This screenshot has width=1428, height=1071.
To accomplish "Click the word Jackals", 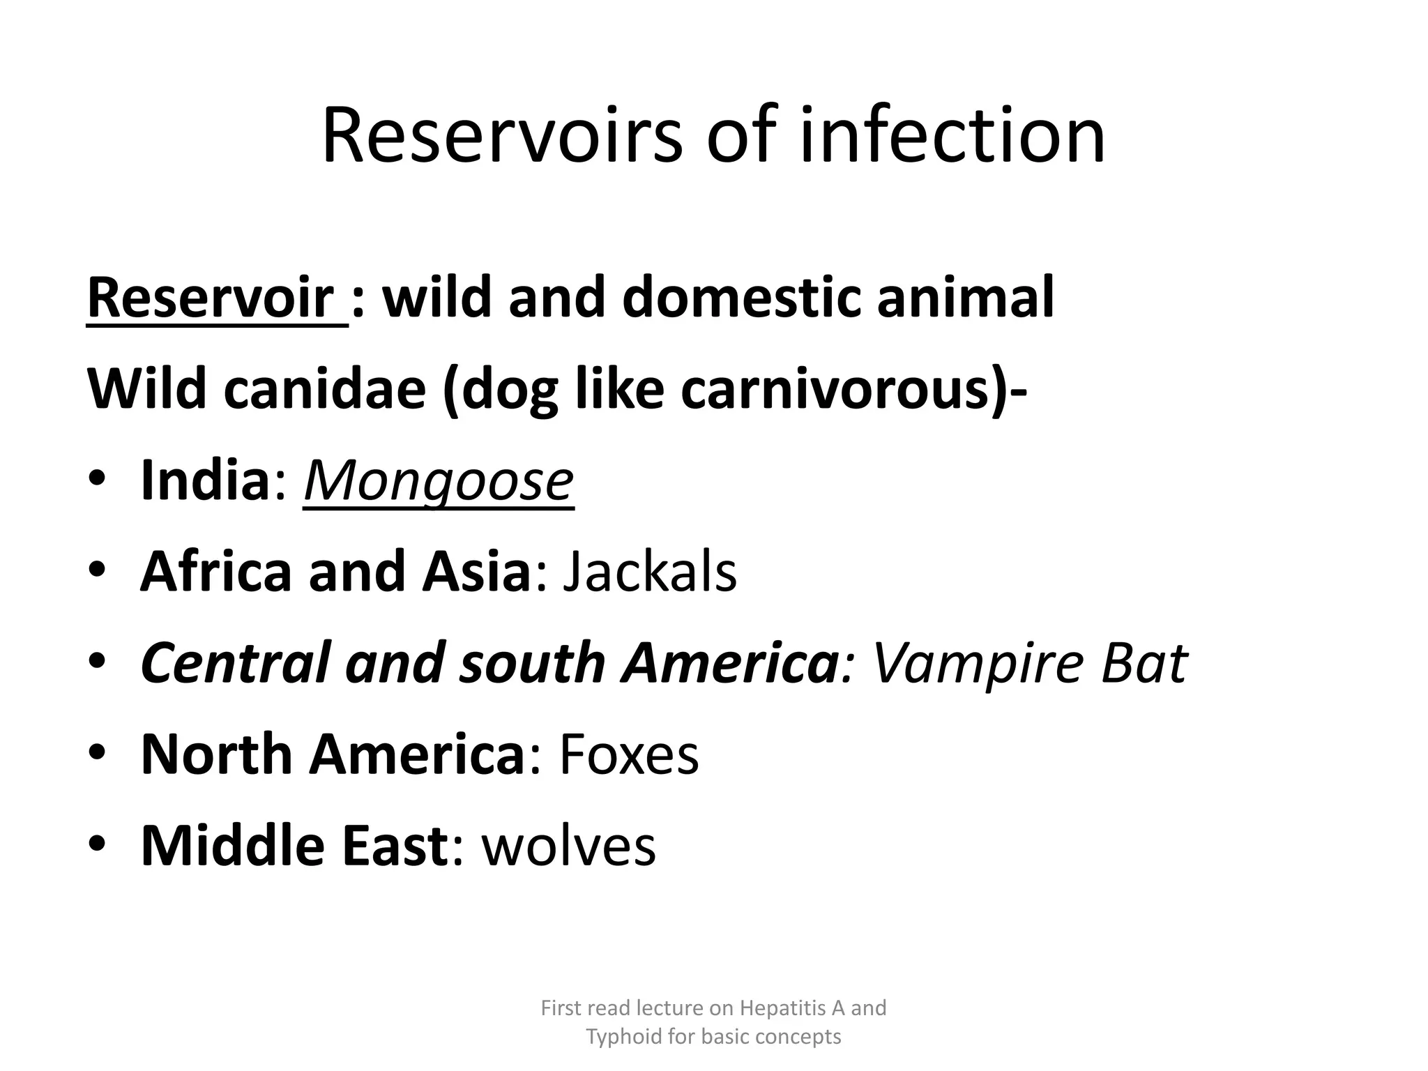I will click(x=649, y=571).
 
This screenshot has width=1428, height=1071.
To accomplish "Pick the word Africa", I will click(x=215, y=571).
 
